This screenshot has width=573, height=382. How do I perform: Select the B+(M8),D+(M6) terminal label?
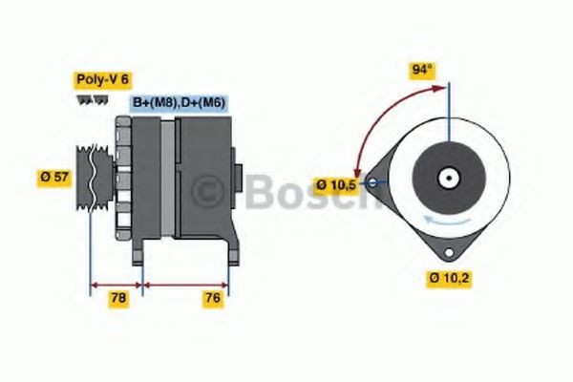coord(178,102)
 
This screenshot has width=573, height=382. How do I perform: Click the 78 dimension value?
coord(118,299)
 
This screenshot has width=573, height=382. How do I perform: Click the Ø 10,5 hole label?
coord(336,183)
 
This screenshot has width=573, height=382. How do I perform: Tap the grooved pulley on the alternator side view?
coord(94,176)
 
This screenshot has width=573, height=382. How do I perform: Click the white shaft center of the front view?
coord(446,177)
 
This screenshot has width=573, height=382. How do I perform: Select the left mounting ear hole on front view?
coord(373,178)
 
